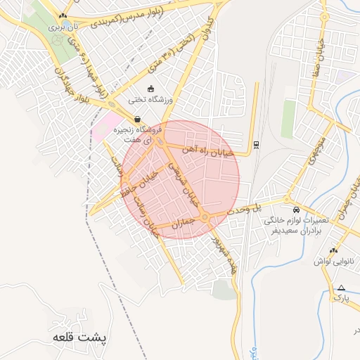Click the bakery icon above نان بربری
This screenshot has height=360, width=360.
click(x=63, y=15)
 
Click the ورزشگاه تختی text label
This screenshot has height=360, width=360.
click(x=166, y=101)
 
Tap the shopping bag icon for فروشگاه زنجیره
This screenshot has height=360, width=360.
click(x=136, y=119)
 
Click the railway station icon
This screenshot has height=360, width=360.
click(x=255, y=145)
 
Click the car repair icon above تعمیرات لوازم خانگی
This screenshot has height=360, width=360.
click(x=296, y=210)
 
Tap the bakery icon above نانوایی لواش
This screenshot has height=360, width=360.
click(x=333, y=250)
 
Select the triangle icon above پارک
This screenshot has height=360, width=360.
click(x=341, y=288)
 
